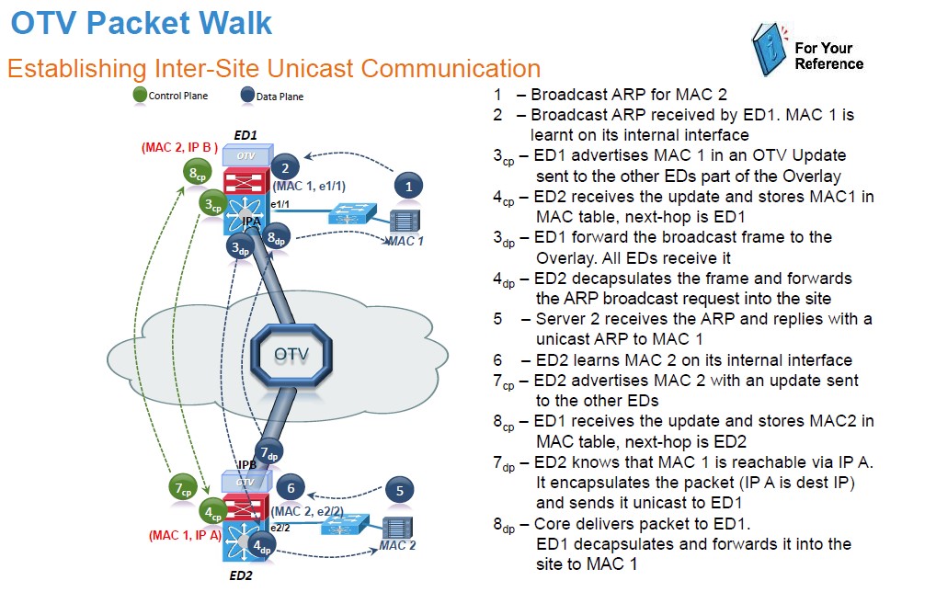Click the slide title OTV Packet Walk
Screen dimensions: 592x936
click(x=143, y=23)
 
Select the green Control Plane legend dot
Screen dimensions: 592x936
click(x=140, y=95)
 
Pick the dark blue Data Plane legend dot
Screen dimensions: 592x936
click(x=247, y=95)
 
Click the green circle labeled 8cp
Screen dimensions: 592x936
click(x=195, y=172)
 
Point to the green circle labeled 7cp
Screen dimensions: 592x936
click(x=183, y=487)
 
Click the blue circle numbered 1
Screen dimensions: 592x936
click(x=408, y=186)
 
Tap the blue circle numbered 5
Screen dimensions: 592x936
click(x=399, y=490)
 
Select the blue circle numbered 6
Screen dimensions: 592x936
click(x=291, y=489)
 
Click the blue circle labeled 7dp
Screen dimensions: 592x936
click(x=268, y=452)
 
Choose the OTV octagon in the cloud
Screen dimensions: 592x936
click(x=291, y=355)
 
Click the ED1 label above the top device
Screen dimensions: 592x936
click(x=245, y=135)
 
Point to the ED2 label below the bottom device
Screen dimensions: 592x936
click(x=242, y=576)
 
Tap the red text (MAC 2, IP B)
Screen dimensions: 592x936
click(x=180, y=147)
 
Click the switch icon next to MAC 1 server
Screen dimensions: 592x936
click(x=350, y=214)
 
